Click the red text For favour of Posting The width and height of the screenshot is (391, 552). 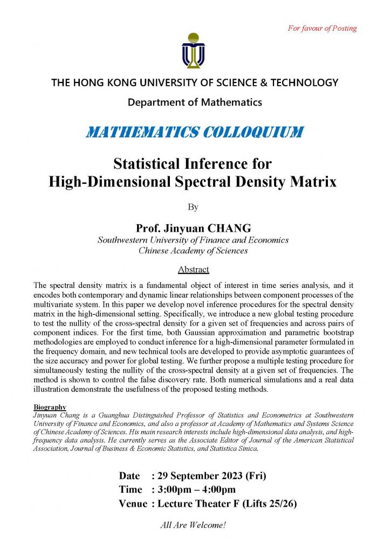321,28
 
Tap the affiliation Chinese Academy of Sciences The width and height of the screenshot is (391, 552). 193,250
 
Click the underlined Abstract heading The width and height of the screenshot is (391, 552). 193,269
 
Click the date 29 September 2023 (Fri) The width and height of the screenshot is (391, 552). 211,476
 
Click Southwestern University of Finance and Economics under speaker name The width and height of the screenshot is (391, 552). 193,240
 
